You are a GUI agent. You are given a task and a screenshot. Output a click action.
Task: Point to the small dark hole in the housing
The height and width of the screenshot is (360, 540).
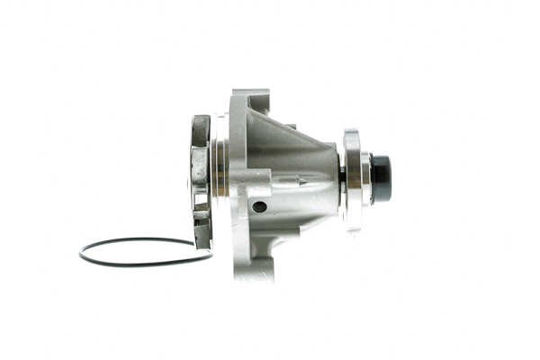coord(259,206)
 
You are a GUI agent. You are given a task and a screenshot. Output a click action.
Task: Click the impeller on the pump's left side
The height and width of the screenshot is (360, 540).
coord(200,180)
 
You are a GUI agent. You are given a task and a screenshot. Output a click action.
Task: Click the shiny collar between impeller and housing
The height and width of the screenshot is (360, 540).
coord(220,171)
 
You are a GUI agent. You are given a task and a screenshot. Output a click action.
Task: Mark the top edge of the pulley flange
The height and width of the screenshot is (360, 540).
coord(350,132)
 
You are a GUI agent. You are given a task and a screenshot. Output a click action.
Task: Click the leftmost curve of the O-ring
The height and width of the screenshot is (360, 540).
coord(80,254)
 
